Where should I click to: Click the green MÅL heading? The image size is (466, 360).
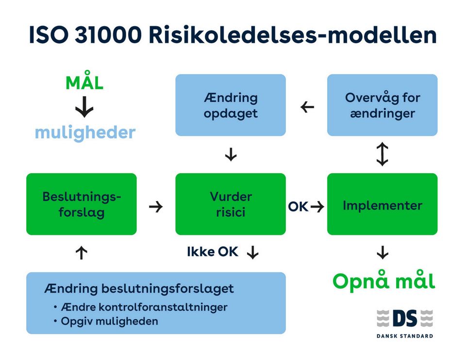coord(84,83)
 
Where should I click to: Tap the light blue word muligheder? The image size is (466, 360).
coord(85,132)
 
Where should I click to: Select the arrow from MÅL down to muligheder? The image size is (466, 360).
coord(85,108)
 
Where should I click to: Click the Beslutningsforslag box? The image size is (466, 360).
coord(82,204)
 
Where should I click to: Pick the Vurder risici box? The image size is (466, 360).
coord(231,204)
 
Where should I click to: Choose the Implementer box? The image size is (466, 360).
coord(383,204)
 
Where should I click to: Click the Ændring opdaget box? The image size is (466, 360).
coord(231,105)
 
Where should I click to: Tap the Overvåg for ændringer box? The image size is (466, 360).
coord(383,105)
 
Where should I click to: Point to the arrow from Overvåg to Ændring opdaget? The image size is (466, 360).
coord(307,107)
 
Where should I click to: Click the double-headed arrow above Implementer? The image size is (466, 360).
coord(383,154)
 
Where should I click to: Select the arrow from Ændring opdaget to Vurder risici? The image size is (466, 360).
coord(231,155)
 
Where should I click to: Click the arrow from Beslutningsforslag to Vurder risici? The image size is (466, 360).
coord(156,207)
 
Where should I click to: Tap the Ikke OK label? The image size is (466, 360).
coord(213,252)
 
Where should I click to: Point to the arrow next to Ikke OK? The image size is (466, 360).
coord(252,252)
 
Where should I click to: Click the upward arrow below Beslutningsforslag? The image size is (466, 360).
coord(82,252)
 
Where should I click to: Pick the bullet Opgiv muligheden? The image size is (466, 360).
coord(109,321)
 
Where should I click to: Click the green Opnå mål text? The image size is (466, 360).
coord(383,281)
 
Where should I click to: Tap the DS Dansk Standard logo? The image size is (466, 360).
coord(405,322)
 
